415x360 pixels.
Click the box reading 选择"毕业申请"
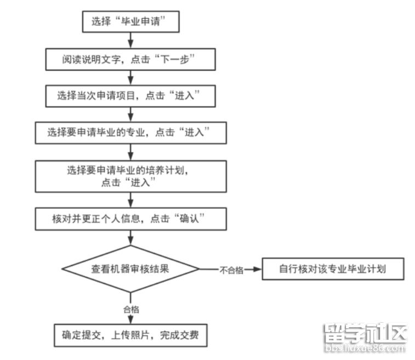tap(130, 21)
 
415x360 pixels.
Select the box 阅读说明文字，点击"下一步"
tap(130, 59)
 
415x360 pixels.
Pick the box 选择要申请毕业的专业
tap(130, 132)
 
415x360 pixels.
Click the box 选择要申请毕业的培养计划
tap(130, 175)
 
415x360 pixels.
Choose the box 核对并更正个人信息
tap(130, 219)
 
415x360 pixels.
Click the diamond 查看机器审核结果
tap(130, 268)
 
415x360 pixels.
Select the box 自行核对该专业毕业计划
tap(333, 269)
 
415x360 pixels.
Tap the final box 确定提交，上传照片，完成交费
tap(130, 335)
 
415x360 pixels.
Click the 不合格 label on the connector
tap(231, 270)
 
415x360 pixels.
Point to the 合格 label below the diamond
tap(130, 310)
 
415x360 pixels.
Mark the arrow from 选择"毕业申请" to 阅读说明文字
tap(130, 39)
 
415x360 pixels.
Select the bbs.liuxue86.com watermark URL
tap(365, 348)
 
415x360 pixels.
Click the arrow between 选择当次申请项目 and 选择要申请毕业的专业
tap(130, 114)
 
